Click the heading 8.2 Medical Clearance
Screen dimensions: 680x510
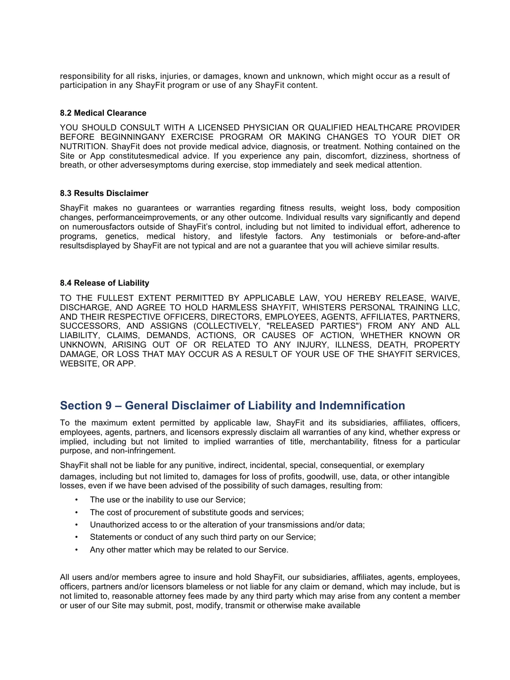(x=103, y=113)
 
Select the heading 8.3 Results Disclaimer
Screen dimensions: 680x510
(x=104, y=193)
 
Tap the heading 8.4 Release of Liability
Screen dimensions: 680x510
(x=104, y=283)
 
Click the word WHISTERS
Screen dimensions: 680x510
(x=324, y=307)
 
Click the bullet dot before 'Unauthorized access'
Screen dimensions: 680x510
(x=76, y=525)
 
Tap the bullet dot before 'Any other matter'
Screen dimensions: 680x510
(x=76, y=550)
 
